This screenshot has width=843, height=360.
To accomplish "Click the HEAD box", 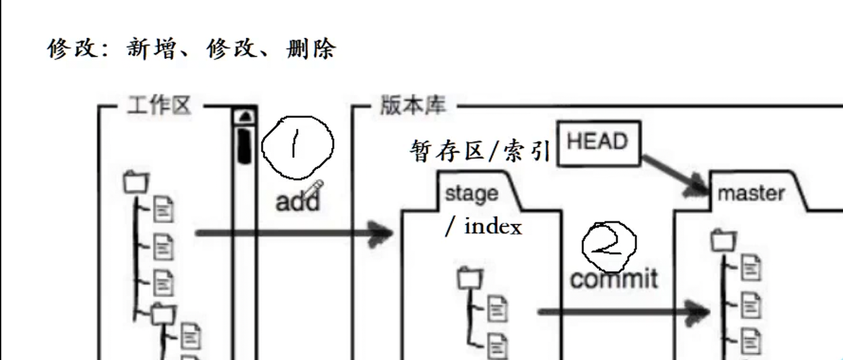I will coord(598,142).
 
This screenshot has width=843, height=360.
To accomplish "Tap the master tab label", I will coord(751,193).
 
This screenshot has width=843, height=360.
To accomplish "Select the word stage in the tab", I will coord(471,193).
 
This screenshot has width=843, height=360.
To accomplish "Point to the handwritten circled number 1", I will coord(297,146).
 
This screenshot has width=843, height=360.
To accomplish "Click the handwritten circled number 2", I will coord(609,245).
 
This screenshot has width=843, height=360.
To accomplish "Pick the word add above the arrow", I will coord(297,202).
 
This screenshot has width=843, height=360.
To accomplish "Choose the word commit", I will coord(614,278).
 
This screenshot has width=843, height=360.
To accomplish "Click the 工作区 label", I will coord(159,106).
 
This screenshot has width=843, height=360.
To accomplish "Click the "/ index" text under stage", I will coord(484,227).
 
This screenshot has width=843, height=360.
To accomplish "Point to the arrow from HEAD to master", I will coord(674,170).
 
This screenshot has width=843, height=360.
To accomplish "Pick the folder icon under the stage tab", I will coord(471,278).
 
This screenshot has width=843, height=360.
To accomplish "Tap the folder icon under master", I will coord(723,241).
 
